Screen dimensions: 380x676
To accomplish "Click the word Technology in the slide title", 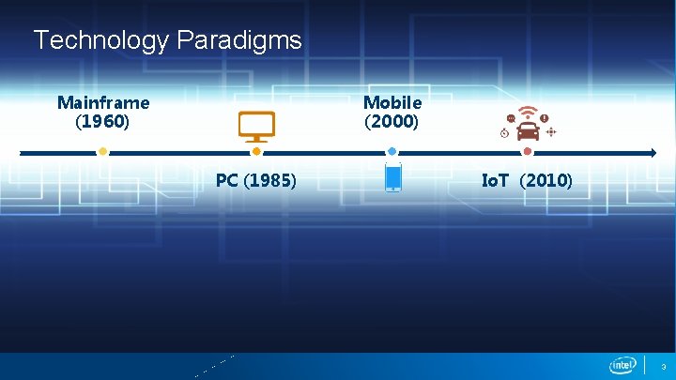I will (100, 40).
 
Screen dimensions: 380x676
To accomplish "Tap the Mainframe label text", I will (103, 101).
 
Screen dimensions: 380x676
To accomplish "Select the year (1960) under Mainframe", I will (102, 122).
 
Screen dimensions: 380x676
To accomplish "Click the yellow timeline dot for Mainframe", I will (102, 151).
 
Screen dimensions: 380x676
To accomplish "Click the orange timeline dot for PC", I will (256, 151).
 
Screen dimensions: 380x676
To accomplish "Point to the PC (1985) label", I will (255, 180).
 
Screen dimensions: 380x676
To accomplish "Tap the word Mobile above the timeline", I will (392, 101).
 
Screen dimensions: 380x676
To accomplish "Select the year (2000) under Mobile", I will (392, 122).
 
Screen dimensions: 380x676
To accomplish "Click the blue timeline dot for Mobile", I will (392, 151).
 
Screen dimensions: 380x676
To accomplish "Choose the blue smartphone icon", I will (393, 176).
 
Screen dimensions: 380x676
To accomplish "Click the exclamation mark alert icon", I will (545, 118).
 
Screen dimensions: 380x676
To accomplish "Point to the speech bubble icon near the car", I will (510, 118).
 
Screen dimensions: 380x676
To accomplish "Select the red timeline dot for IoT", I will (528, 151).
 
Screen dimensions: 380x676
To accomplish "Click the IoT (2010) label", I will (527, 180).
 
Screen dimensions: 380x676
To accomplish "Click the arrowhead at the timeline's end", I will (652, 152).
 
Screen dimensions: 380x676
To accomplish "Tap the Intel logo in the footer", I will (622, 365).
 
